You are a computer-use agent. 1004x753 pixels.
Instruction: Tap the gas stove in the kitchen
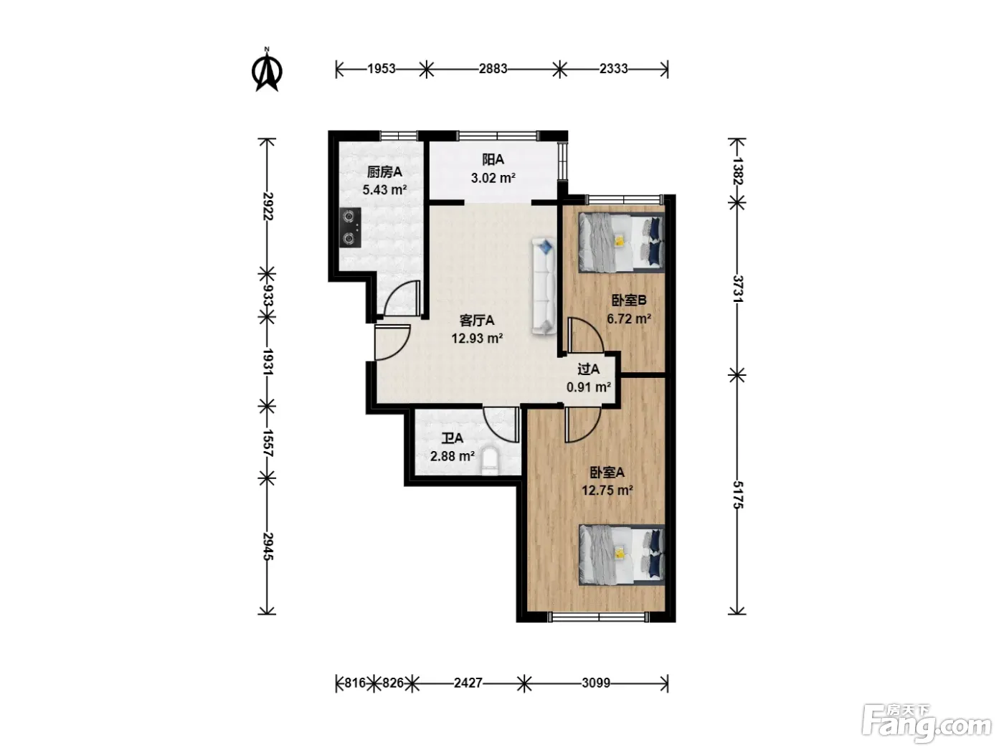350,227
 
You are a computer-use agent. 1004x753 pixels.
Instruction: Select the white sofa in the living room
544,287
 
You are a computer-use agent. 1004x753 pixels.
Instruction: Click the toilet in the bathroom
490,460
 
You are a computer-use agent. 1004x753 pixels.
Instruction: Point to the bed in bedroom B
621,242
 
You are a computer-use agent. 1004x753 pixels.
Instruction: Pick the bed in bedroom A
621,554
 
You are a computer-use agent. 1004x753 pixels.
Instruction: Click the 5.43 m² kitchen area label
384,189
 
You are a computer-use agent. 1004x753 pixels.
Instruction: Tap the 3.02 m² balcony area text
493,177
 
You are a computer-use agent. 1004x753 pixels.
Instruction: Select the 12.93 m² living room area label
477,338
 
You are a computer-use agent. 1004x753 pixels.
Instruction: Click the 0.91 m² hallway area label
589,387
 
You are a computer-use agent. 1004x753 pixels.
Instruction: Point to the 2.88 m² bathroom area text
453,456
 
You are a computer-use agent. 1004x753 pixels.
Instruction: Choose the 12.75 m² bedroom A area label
607,490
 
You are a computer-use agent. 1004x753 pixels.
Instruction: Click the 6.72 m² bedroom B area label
629,318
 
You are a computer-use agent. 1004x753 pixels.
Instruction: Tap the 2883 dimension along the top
493,69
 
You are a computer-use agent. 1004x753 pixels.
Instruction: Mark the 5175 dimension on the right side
738,495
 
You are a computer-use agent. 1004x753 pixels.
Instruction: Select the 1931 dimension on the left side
267,362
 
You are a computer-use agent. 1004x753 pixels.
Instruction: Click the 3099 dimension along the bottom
596,683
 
